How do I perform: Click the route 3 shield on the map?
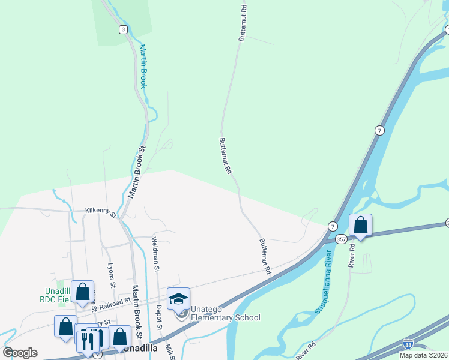(123, 29)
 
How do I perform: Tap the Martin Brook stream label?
(143, 66)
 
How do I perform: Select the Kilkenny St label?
(100, 212)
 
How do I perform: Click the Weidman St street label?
(155, 251)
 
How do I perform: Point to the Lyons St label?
(111, 275)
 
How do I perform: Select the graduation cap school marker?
(178, 299)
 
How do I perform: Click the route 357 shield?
(340, 238)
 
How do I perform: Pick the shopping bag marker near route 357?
(360, 226)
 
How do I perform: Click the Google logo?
(20, 353)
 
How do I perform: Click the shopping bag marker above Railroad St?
(82, 292)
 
